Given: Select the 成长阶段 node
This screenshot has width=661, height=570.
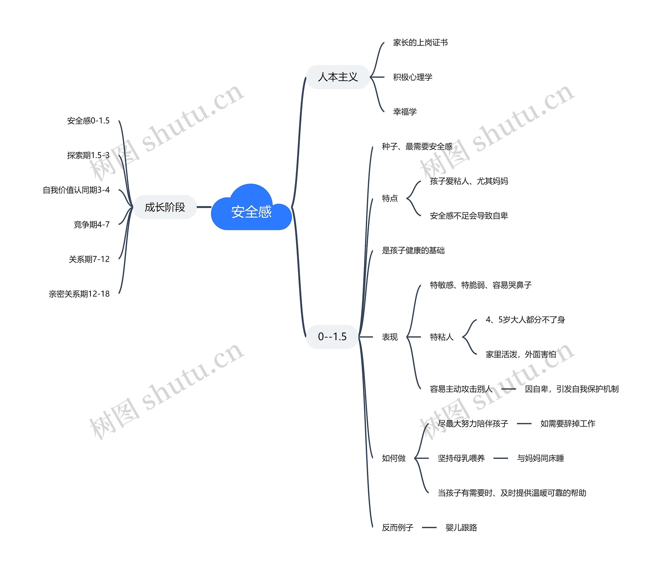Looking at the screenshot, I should (x=165, y=207).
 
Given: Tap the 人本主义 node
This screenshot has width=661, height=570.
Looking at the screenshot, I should (x=338, y=77).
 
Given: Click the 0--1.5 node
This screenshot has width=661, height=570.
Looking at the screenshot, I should (x=332, y=337).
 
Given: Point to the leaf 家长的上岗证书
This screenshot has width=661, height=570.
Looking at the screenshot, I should (x=420, y=42).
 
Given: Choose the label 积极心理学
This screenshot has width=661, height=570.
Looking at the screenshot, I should (x=413, y=77).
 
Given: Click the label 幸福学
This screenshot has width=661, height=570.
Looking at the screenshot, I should (x=405, y=111).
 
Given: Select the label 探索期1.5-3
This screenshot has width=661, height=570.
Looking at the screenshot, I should (x=88, y=155).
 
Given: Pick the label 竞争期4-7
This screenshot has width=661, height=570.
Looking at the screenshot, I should (x=92, y=224).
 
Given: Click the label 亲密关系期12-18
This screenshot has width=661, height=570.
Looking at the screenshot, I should (x=79, y=294).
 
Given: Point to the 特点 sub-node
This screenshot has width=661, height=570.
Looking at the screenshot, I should (x=390, y=198).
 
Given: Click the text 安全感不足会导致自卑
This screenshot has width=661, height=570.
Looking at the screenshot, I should (x=469, y=216).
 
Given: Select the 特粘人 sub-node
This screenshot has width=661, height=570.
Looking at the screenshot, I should (x=442, y=337).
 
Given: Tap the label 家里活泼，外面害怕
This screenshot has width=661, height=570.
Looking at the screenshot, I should (x=521, y=354).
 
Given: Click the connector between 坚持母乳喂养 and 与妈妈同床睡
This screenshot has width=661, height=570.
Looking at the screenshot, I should (x=501, y=458).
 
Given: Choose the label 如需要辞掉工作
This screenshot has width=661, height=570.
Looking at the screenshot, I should (x=568, y=423).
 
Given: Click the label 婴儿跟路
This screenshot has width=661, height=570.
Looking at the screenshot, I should (x=461, y=528).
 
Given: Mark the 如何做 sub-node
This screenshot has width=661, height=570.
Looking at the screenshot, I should (x=394, y=458).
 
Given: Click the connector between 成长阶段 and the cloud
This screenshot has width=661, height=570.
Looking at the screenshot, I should (x=204, y=207).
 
